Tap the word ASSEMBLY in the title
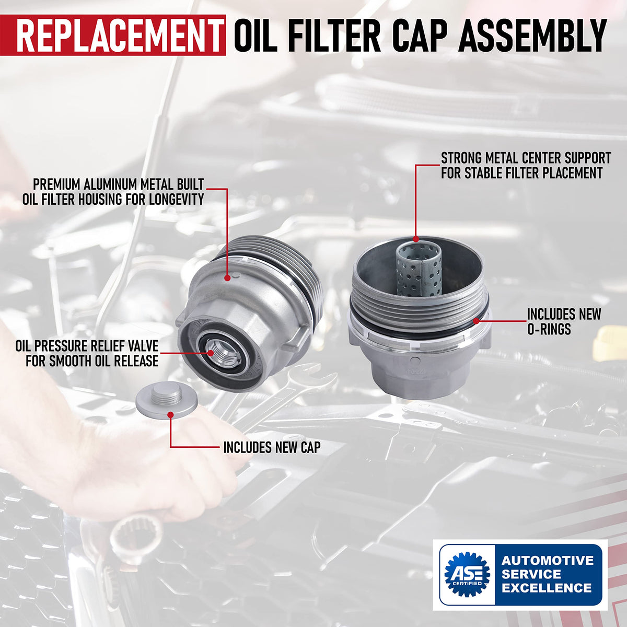click(x=532, y=35)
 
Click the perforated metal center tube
click(x=418, y=271)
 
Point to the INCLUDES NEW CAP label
click(x=272, y=447)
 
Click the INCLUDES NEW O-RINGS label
click(x=564, y=322)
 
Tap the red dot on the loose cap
click(x=170, y=415)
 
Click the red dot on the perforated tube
click(x=416, y=239)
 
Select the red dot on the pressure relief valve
click(x=211, y=353)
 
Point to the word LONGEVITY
click(x=177, y=200)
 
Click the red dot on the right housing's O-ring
click(x=475, y=321)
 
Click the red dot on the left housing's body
click(x=227, y=277)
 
